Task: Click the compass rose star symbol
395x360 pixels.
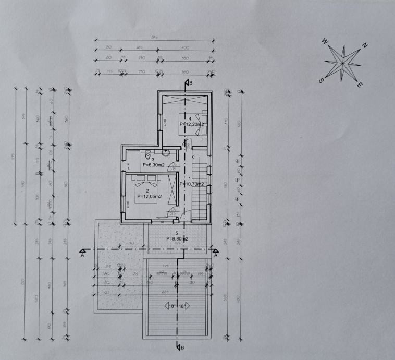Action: [342, 63]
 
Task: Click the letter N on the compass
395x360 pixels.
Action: [365, 46]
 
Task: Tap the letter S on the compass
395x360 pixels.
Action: [322, 80]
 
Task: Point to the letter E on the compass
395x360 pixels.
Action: [360, 85]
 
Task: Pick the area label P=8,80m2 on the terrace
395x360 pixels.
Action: [177, 238]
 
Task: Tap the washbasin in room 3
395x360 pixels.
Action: [166, 153]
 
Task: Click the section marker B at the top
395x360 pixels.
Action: [189, 82]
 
